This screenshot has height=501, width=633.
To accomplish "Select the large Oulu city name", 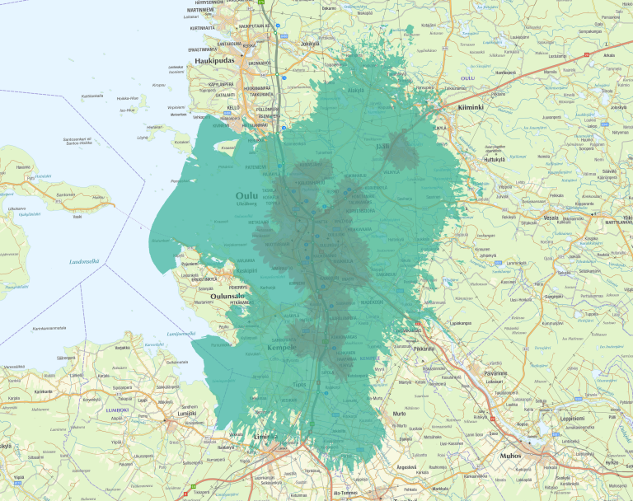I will pos(247,195).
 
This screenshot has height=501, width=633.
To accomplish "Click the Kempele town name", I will pos(282,349).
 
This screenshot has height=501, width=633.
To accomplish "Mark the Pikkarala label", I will pos(425,349).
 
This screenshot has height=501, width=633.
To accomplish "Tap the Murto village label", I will pos(400,413).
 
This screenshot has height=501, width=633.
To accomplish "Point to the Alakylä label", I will pos(355,90).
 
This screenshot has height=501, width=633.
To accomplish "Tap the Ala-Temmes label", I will pos(345,493).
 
